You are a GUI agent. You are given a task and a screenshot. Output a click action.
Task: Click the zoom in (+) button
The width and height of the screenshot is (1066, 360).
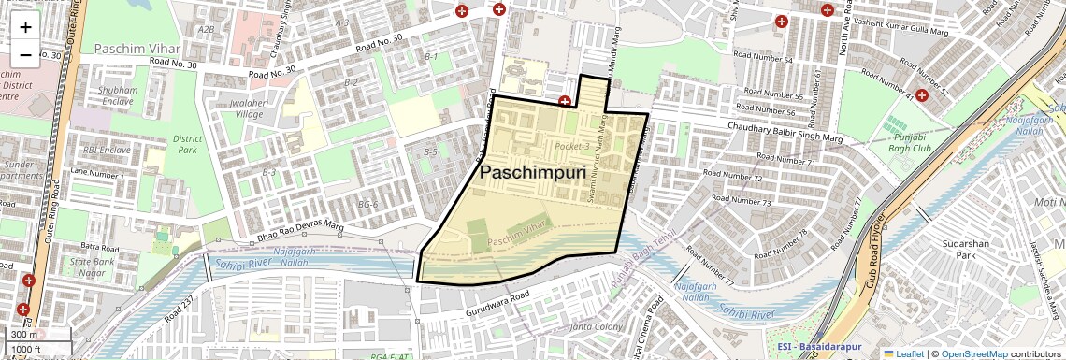point(25,27)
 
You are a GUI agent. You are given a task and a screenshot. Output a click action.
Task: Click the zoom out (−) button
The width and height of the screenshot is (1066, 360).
point(25,55)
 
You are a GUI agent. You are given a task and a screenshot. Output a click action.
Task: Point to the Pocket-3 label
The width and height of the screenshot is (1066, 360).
point(571,147)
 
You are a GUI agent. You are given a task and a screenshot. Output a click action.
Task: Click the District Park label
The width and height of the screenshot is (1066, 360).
point(187,145)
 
